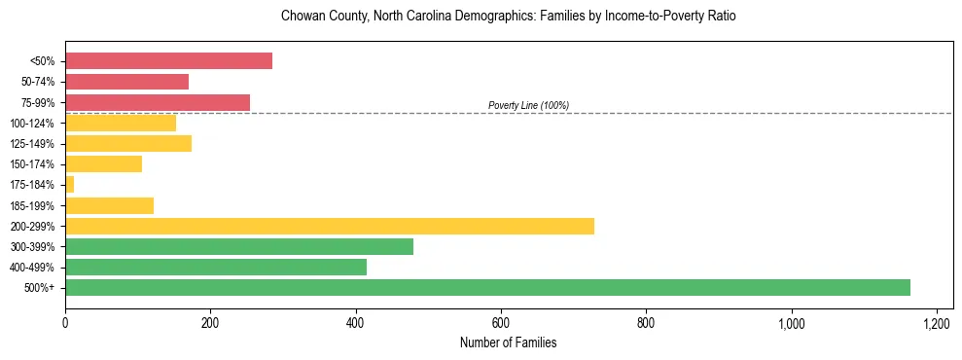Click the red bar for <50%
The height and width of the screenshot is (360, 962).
(x=168, y=61)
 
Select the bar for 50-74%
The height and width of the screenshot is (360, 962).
(x=126, y=82)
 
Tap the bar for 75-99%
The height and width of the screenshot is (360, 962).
(x=157, y=102)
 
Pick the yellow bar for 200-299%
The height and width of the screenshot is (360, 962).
(x=329, y=226)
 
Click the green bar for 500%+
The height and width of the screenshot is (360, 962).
(x=487, y=287)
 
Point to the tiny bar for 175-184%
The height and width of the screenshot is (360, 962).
(x=69, y=185)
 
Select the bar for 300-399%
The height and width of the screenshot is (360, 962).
(x=239, y=246)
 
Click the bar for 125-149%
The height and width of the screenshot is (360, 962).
(x=128, y=144)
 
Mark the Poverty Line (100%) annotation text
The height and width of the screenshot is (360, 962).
(x=528, y=105)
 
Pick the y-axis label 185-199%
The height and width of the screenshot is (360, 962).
(x=32, y=205)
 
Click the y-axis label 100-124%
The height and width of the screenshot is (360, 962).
(x=32, y=124)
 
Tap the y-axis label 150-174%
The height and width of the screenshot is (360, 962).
(x=32, y=164)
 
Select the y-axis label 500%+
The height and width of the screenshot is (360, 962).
(x=39, y=288)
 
